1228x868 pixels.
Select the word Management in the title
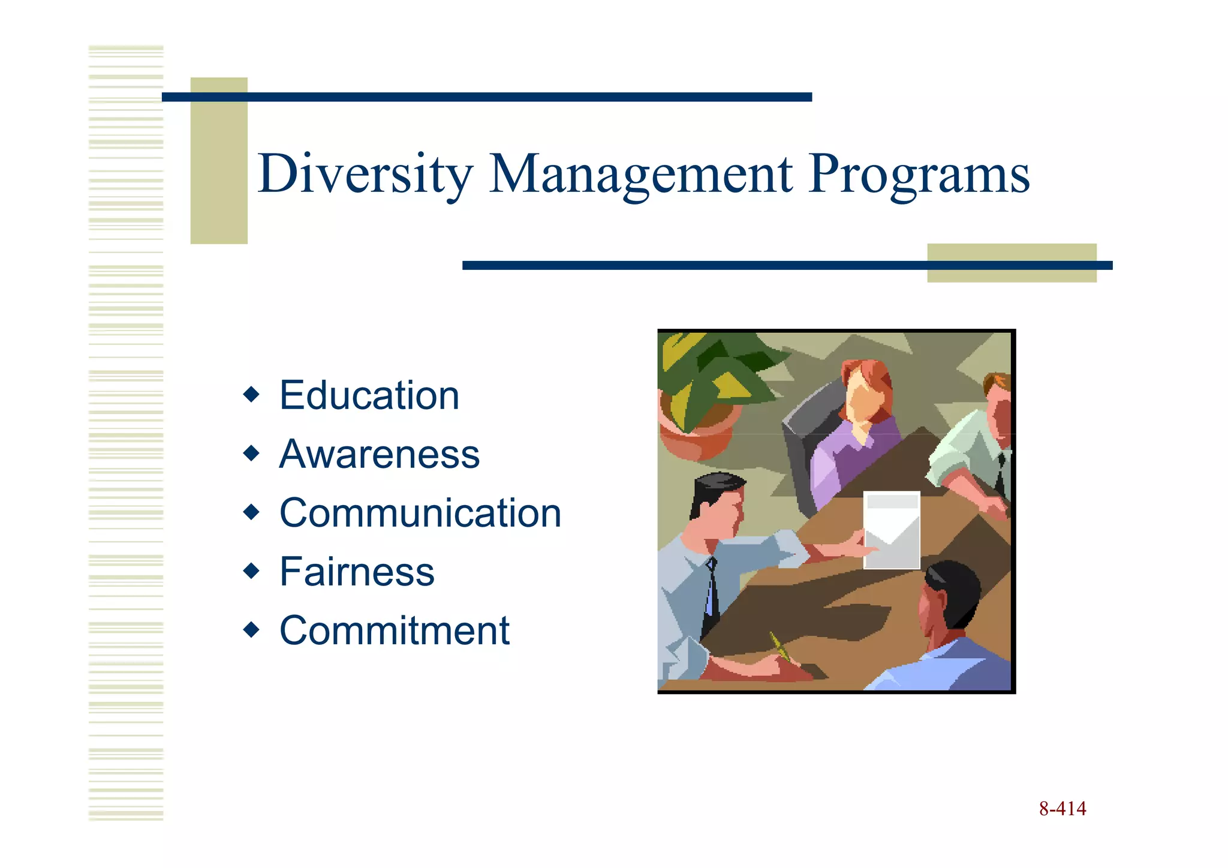coord(641,174)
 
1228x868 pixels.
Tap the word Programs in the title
coord(918,174)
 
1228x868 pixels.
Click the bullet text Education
coord(369,396)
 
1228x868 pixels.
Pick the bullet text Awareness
coord(380,454)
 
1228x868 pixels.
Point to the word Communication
coord(420,513)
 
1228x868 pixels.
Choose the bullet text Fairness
coord(357,572)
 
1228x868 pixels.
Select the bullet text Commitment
coord(395,630)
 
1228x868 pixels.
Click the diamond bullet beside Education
coord(251,395)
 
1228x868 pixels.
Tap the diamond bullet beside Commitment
coord(251,630)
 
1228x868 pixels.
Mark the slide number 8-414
coord(1062,809)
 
